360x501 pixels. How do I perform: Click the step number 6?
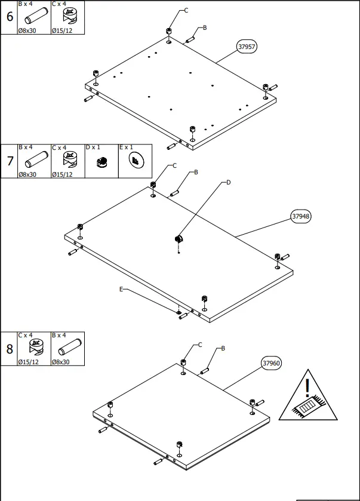[x=9, y=17]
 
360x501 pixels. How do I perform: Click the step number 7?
[x=9, y=161]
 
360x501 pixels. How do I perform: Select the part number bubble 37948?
[x=301, y=217]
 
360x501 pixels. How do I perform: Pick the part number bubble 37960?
[x=272, y=363]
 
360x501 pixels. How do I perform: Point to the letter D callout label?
[x=227, y=183]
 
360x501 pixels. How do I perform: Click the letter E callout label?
[x=121, y=289]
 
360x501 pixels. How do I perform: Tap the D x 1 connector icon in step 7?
[x=101, y=161]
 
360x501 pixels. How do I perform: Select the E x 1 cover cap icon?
[x=135, y=161]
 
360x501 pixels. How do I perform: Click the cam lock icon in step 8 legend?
[x=34, y=348]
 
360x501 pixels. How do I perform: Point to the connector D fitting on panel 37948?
[x=177, y=239]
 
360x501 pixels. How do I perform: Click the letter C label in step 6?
[x=186, y=11]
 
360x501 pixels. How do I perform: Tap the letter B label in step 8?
[x=222, y=348]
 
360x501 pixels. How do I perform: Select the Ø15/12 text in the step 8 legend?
[x=28, y=362]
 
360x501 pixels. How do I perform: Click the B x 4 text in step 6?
[x=26, y=4]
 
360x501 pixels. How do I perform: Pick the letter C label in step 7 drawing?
[x=174, y=165]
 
